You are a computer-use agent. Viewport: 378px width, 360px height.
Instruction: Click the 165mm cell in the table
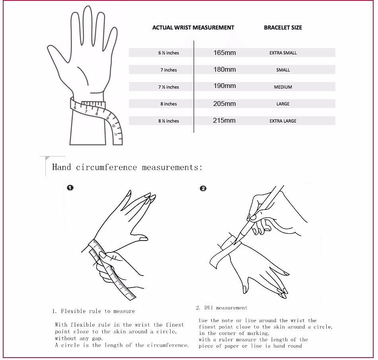[x=224, y=53]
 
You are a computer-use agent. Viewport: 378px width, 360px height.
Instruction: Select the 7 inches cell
[x=169, y=70]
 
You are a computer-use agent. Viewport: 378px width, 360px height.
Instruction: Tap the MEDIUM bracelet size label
[x=283, y=87]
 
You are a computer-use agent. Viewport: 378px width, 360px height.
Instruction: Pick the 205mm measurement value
[x=224, y=104]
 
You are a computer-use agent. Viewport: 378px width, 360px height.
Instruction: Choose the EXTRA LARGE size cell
[x=283, y=121]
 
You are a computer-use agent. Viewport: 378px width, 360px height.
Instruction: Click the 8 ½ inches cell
[x=169, y=121]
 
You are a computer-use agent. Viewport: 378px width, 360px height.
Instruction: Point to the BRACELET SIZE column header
[x=283, y=27]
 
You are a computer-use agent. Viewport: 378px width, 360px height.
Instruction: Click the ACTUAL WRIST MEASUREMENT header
[x=193, y=27]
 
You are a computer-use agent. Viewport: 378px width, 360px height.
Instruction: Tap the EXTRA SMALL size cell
[x=283, y=53]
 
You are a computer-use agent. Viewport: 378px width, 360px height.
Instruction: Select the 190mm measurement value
[x=224, y=86]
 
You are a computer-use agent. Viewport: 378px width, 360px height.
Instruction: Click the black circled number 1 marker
[x=70, y=188]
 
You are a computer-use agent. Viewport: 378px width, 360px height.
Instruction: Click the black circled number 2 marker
[x=203, y=188]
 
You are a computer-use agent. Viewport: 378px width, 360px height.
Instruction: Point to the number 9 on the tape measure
[x=107, y=118]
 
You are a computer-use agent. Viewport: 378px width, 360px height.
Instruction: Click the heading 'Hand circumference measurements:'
[x=127, y=167]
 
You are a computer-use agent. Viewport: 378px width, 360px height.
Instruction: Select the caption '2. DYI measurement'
[x=222, y=308]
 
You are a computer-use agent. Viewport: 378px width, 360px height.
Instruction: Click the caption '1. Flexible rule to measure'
[x=94, y=311]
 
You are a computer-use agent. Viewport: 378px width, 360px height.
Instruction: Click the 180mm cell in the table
[x=224, y=69]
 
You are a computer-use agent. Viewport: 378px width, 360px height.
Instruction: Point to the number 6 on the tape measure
[x=75, y=108]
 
